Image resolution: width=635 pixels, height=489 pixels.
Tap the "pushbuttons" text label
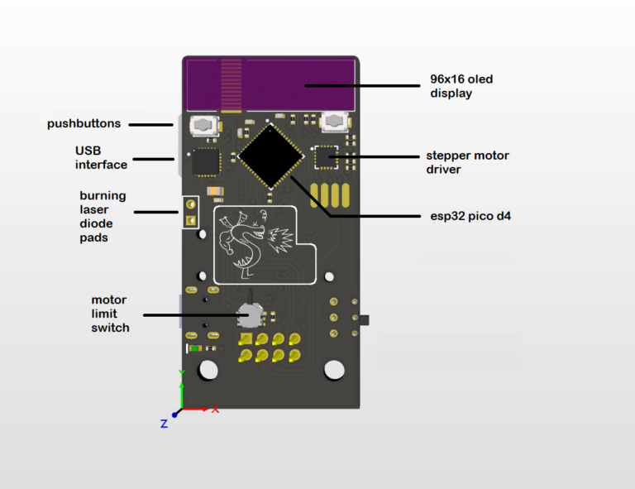84,124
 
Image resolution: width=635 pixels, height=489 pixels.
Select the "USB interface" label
101,157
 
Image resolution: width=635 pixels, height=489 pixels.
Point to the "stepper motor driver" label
467,162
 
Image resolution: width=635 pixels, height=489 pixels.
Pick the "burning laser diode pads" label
103,217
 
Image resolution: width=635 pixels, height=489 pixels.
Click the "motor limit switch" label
110,314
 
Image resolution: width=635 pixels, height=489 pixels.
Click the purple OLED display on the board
270,84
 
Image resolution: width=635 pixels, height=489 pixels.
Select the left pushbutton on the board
203,126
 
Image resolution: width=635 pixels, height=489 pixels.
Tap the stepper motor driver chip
327,156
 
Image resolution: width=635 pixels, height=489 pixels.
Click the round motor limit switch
249,315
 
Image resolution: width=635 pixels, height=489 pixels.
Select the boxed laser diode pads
190,212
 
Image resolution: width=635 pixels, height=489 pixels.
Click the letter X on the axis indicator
215,410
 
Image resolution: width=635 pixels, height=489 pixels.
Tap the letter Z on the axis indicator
164,424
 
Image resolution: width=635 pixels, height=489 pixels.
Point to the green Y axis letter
182,373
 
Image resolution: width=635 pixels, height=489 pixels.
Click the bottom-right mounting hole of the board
334,370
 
